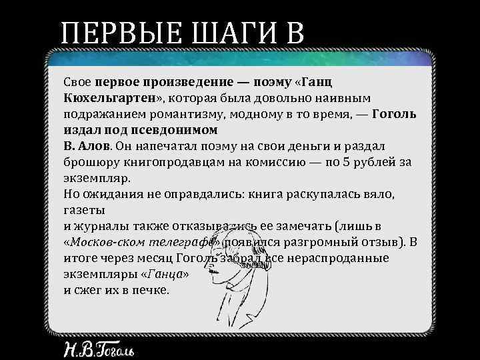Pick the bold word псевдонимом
click(180, 130)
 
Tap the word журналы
click(103, 226)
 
